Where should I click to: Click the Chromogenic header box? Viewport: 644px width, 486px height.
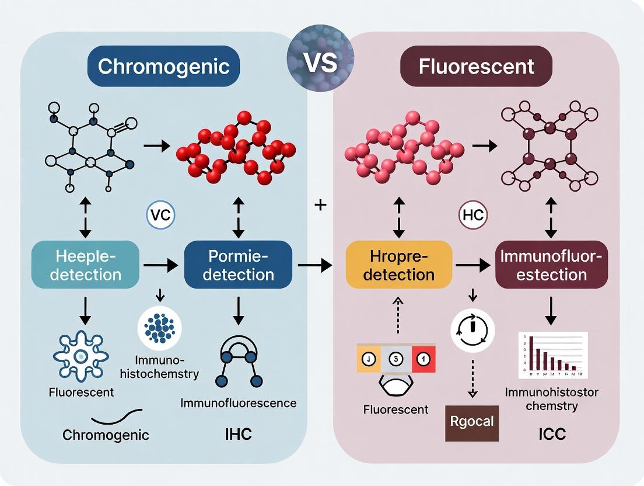pyautogui.click(x=163, y=66)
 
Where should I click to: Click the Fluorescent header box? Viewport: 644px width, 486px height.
pyautogui.click(x=476, y=66)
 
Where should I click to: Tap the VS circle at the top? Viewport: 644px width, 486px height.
pyautogui.click(x=320, y=62)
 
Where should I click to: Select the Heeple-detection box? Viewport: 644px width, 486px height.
pyautogui.click(x=85, y=265)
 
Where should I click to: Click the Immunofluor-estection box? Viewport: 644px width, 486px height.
pyautogui.click(x=552, y=265)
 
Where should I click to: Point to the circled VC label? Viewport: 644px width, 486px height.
pyautogui.click(x=160, y=214)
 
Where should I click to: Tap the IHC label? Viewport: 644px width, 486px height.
pyautogui.click(x=238, y=435)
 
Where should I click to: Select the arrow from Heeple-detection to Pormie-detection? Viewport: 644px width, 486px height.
pyautogui.click(x=161, y=265)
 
